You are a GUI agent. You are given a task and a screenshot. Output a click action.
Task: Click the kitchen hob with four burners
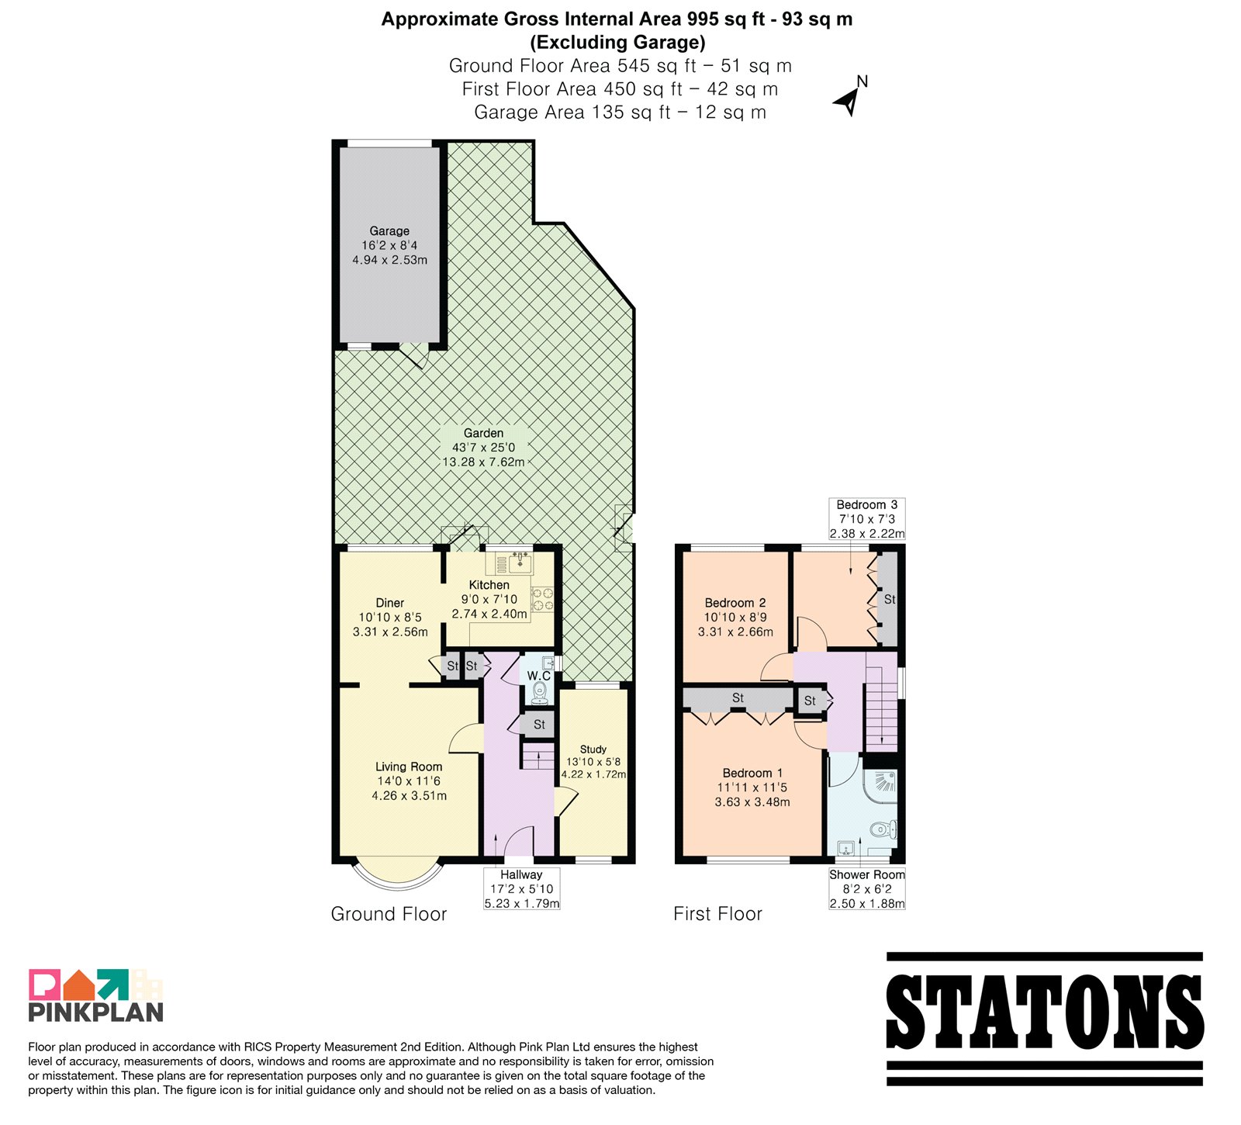tap(543, 599)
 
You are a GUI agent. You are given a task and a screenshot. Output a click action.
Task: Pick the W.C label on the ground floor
tap(538, 676)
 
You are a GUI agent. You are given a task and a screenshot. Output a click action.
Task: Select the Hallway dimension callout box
tap(521, 888)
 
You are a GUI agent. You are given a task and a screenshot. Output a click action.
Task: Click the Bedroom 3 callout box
tap(866, 519)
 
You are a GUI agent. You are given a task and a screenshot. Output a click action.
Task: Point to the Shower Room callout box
tap(866, 888)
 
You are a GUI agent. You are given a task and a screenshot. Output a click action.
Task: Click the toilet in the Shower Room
tap(883, 829)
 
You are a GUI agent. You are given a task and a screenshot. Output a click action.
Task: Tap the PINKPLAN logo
tap(96, 995)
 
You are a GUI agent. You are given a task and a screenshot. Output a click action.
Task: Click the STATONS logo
tap(1045, 1018)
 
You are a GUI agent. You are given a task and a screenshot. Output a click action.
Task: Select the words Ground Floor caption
tap(389, 914)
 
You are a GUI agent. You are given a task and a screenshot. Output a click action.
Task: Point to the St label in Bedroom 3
tap(890, 599)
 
